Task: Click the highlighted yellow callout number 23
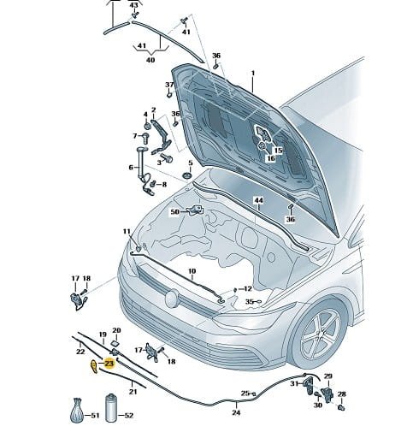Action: (x=109, y=364)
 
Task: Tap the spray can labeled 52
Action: (x=111, y=408)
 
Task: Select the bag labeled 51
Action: (x=77, y=411)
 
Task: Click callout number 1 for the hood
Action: (x=253, y=74)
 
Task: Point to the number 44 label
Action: (x=259, y=200)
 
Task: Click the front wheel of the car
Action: (x=321, y=335)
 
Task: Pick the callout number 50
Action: (x=175, y=212)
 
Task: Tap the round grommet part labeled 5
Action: (x=187, y=176)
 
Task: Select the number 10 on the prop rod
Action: (x=192, y=271)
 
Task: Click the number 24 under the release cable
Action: (x=236, y=412)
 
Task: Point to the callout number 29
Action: (x=328, y=376)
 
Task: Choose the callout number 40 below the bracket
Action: (x=150, y=60)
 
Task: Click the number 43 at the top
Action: (x=133, y=5)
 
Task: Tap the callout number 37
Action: (x=169, y=85)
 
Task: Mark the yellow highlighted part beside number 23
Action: (x=94, y=366)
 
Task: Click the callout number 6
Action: (x=131, y=168)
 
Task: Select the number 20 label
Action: (x=116, y=330)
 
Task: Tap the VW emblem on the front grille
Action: (x=172, y=299)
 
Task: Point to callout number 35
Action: (x=249, y=301)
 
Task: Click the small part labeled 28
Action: (x=342, y=407)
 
